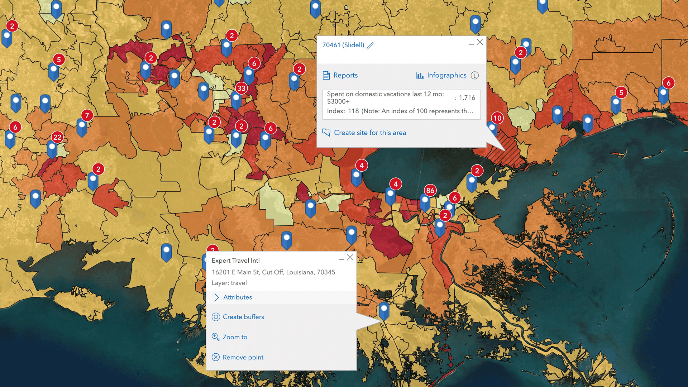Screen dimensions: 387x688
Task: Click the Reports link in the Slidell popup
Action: [345, 75]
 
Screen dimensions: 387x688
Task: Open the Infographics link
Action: [446, 75]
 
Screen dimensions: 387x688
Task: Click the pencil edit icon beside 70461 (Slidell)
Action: [370, 46]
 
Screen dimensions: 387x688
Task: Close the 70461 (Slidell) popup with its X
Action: [480, 42]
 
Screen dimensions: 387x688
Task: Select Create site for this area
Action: [369, 133]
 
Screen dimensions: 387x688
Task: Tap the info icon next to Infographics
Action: [475, 75]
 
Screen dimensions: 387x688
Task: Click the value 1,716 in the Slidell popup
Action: [467, 98]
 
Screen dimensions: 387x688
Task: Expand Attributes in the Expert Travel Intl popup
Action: [237, 297]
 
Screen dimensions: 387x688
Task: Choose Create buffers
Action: [243, 317]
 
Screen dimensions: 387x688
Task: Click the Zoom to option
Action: [235, 337]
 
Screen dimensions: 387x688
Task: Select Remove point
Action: [243, 357]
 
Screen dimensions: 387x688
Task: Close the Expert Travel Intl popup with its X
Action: [350, 257]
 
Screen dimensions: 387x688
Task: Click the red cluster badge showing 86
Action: [430, 190]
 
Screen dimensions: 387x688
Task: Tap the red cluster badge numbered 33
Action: [242, 88]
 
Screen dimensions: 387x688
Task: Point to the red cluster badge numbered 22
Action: [57, 137]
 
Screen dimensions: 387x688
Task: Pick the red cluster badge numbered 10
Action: [497, 118]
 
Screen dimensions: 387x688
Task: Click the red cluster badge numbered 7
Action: [87, 115]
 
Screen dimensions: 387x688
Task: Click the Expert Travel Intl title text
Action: [235, 261]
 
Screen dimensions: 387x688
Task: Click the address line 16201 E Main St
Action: [273, 272]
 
